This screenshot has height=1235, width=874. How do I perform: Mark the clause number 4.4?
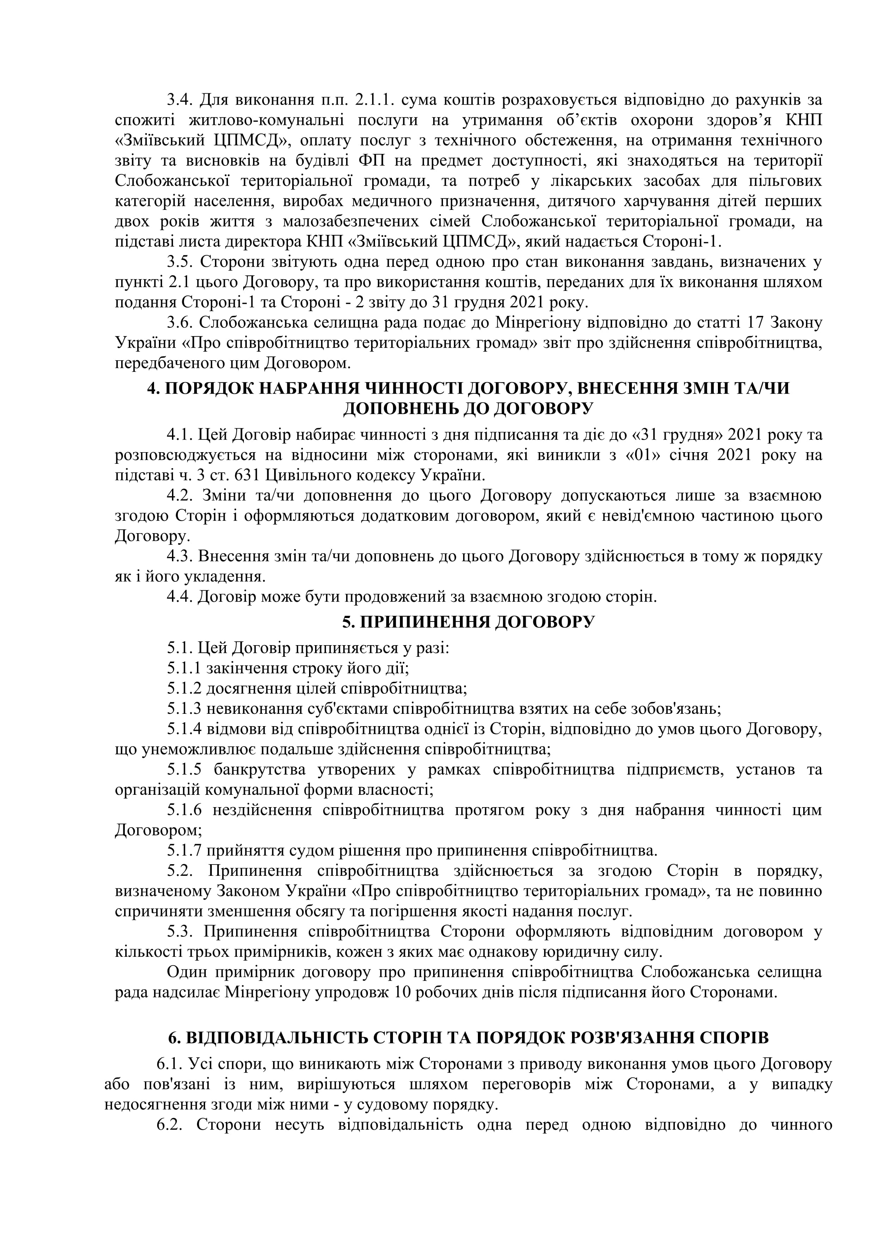[x=180, y=597]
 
